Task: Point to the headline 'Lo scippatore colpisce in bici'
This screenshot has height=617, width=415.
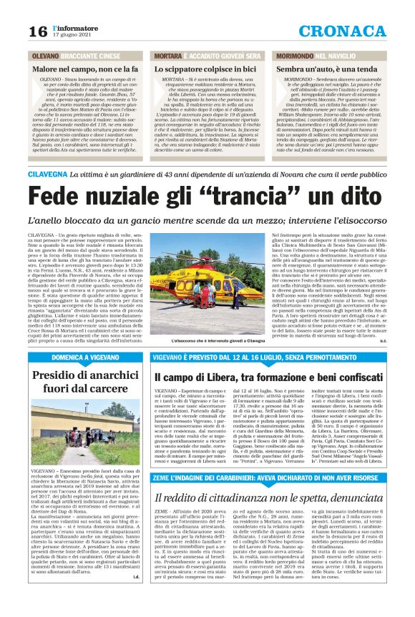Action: pos(205,67)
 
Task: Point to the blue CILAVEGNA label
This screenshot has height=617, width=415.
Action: pos(47,174)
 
